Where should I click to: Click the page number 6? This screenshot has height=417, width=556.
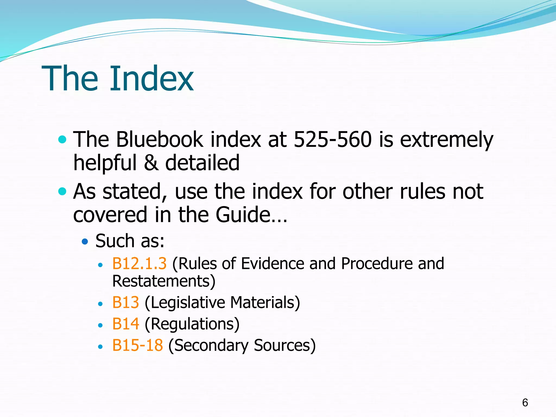click(x=525, y=403)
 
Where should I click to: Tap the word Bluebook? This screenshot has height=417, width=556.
click(x=160, y=140)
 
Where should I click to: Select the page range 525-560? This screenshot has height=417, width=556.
click(x=333, y=140)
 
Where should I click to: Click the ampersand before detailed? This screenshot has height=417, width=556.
click(x=151, y=163)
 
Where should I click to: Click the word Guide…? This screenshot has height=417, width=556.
click(x=251, y=215)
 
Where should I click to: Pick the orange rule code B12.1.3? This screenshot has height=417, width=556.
click(x=139, y=264)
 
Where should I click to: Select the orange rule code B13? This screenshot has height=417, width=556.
click(x=126, y=302)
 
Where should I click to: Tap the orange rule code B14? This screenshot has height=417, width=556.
click(x=126, y=324)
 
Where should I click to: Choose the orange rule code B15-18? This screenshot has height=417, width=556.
click(x=137, y=345)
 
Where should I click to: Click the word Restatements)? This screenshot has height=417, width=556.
click(x=164, y=281)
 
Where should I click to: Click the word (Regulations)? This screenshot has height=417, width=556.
click(x=192, y=324)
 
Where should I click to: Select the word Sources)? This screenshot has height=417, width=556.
click(x=285, y=345)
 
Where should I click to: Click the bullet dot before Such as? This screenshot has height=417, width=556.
click(x=85, y=241)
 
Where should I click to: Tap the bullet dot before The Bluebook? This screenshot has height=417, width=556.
click(x=62, y=140)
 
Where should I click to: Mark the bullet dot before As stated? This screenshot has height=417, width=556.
click(x=62, y=191)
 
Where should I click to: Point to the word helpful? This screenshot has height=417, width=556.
click(x=105, y=163)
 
